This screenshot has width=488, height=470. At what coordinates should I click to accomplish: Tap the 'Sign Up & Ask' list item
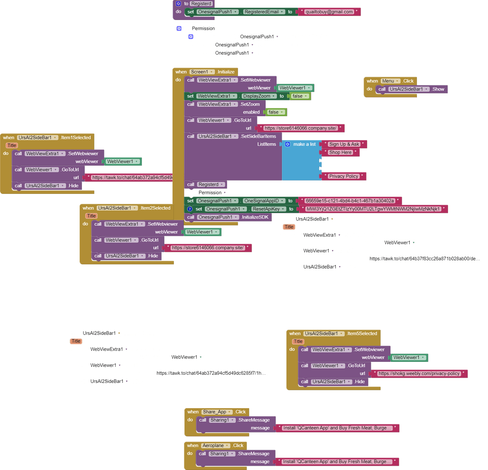pos(344,144)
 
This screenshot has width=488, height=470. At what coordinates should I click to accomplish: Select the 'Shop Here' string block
pos(340,153)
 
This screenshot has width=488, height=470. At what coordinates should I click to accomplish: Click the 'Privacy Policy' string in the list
pos(343,176)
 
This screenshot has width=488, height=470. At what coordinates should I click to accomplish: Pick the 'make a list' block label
pos(304,144)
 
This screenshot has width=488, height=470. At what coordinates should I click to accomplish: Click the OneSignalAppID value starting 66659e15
pos(350,201)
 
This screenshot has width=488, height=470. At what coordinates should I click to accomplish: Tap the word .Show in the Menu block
pos(438,89)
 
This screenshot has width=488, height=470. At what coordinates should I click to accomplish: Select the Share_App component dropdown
pos(216,412)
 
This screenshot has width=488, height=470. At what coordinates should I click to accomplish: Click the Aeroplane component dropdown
pos(214,446)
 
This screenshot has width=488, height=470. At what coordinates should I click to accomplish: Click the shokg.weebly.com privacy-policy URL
pos(419,374)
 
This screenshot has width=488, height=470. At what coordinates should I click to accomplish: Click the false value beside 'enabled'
pos(276,112)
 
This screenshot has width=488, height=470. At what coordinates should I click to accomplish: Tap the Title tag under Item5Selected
pos(298,341)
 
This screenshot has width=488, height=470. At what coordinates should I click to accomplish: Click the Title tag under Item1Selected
pos(12,146)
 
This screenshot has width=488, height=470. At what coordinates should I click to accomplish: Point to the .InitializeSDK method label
pos(255,217)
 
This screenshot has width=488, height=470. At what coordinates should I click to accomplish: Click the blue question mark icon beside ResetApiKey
pos(190,209)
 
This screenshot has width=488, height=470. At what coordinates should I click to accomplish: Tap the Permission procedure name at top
pos(203,29)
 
